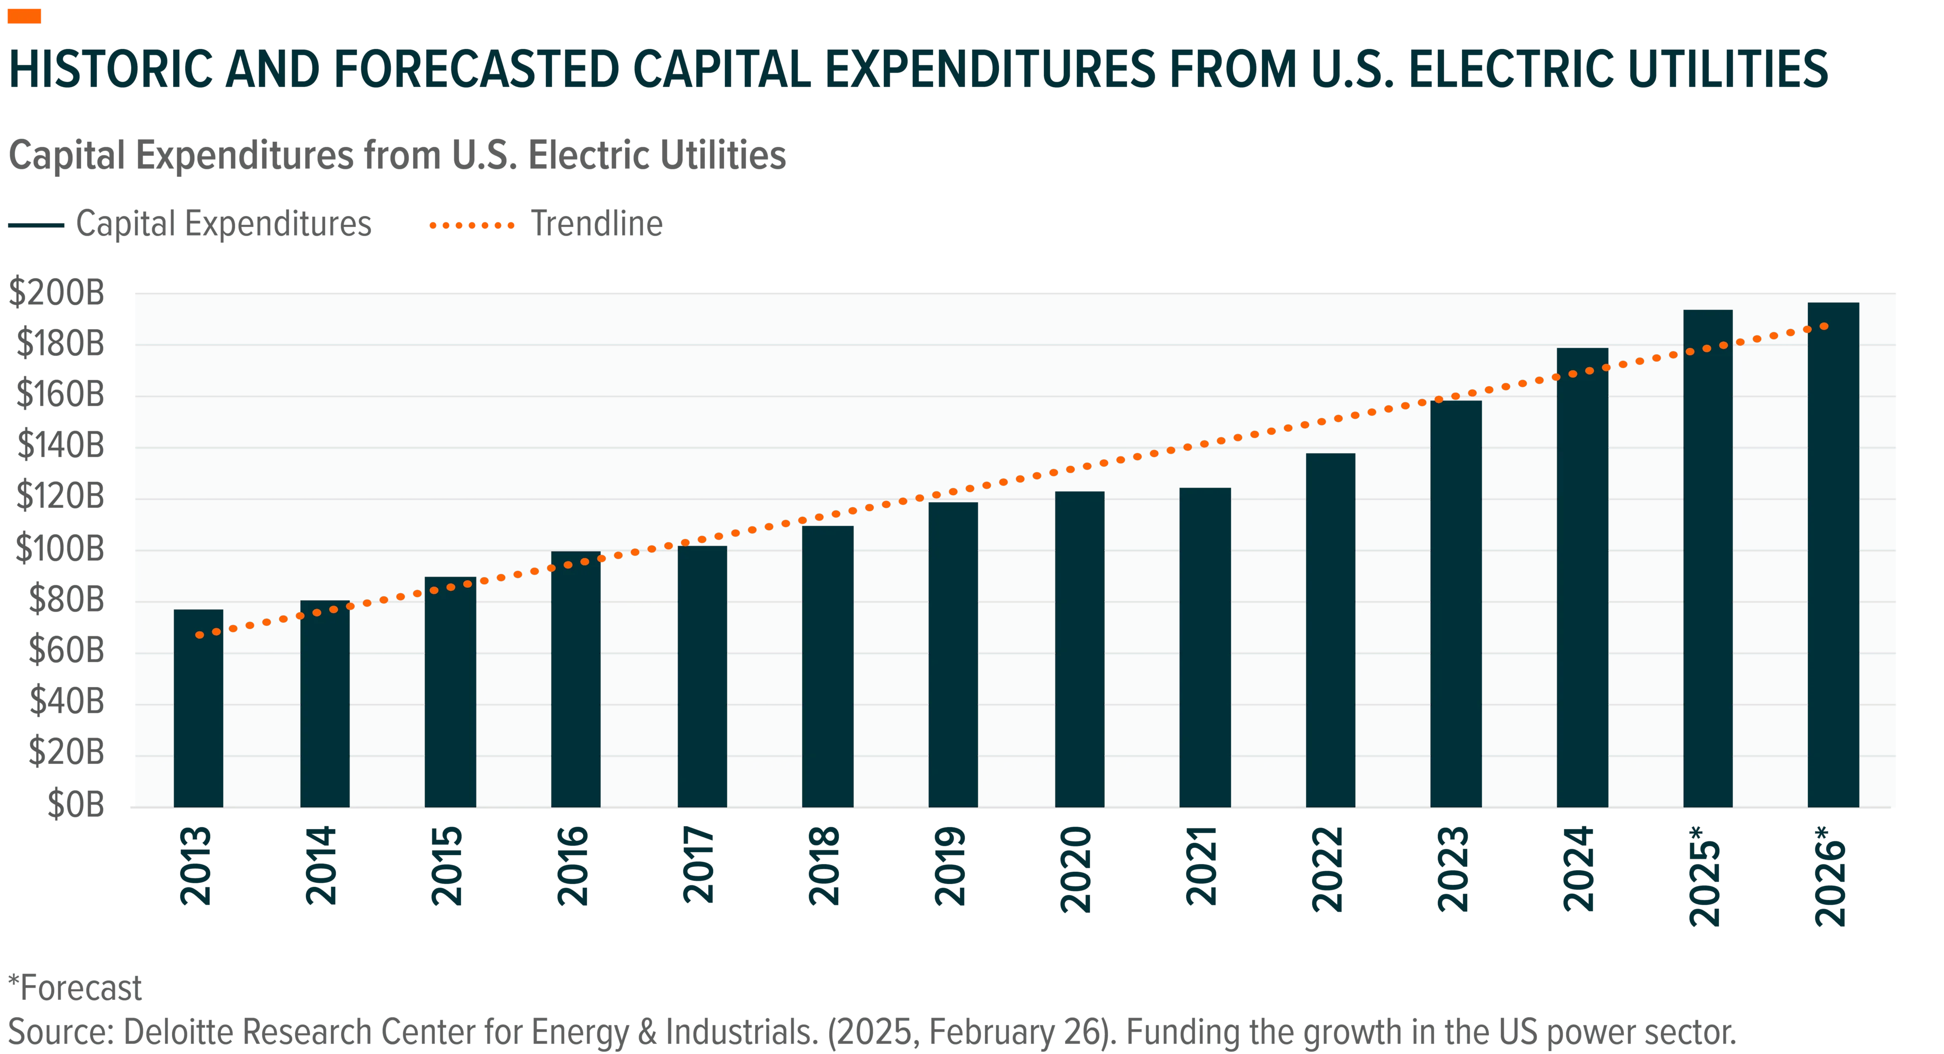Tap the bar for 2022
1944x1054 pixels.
[x=1330, y=630]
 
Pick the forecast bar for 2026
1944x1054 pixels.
[x=1833, y=554]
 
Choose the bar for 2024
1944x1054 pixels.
[x=1583, y=577]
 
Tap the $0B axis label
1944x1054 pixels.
[x=75, y=804]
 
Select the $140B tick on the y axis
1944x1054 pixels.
[x=60, y=446]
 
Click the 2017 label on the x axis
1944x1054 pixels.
[x=698, y=865]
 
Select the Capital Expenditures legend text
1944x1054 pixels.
[x=224, y=224]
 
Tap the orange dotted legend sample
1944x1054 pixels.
[x=472, y=225]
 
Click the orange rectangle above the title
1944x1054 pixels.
[x=24, y=16]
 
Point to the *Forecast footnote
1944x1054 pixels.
[x=75, y=988]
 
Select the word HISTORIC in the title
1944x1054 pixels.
[x=112, y=69]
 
